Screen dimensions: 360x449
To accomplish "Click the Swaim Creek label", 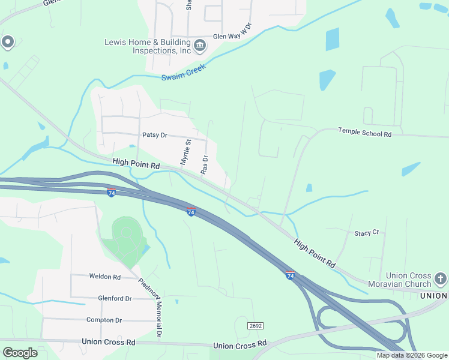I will point(184,73).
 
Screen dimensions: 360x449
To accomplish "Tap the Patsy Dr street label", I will point(155,135).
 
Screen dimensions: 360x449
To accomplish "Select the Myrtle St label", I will point(185,152).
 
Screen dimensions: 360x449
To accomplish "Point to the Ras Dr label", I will point(204,164).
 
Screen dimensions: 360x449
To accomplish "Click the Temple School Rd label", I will point(364,132).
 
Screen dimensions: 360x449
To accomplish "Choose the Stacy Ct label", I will point(366,232).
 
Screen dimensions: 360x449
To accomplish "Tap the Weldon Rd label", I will point(105,277).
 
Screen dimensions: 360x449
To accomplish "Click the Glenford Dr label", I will point(115,298).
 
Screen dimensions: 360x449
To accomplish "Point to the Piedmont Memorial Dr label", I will point(151,307).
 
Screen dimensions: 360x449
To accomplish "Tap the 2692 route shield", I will point(255,325).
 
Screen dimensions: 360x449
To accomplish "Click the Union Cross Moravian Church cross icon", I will point(441,279).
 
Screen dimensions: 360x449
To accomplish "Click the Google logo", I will point(20,352).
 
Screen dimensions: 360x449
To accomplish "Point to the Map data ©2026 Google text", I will point(412,355).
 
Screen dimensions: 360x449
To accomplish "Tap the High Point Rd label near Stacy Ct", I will point(315,253).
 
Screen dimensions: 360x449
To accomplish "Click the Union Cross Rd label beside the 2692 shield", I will point(240,345).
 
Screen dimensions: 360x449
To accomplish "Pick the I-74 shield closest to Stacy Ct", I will point(290,275).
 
